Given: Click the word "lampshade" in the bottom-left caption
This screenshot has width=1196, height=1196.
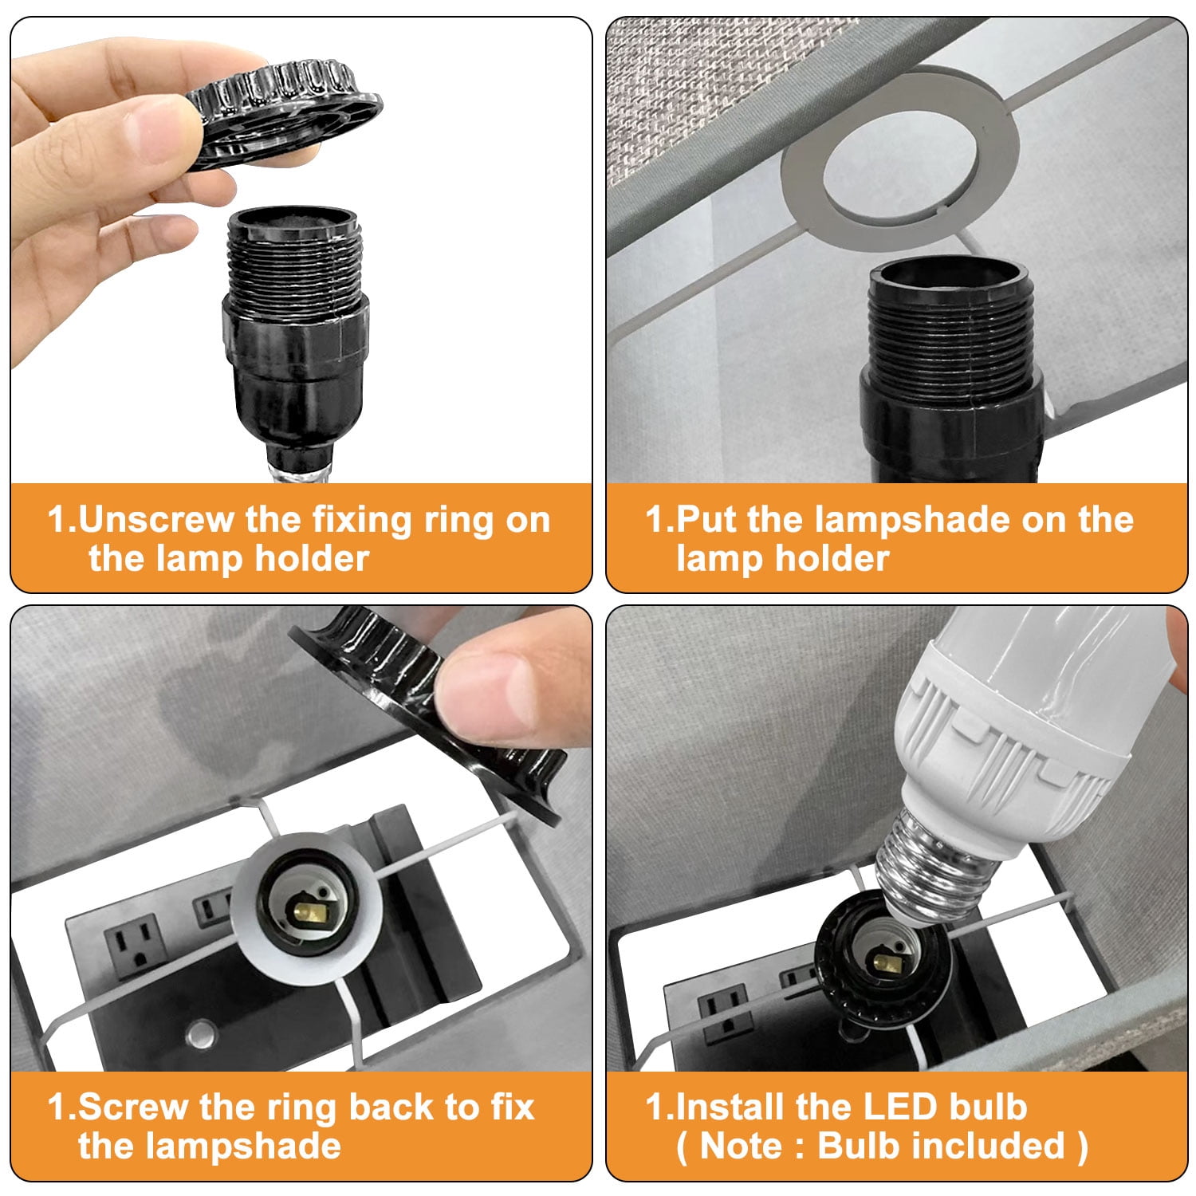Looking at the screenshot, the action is coord(209,1146).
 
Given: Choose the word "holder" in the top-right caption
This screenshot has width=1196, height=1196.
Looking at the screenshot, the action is coord(832,558).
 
